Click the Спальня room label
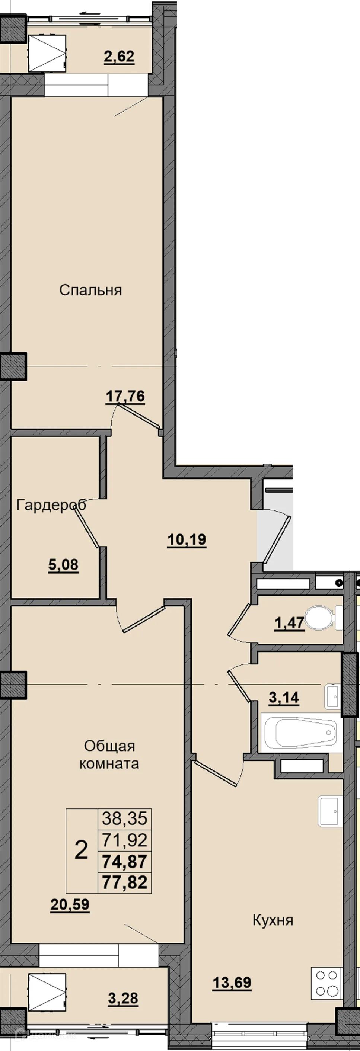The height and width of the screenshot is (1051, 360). [x=90, y=290]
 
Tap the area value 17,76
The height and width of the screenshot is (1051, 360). [x=125, y=396]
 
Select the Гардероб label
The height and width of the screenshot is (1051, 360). [x=51, y=505]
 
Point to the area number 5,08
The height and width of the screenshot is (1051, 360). [x=63, y=565]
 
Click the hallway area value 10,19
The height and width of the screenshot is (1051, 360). [x=187, y=540]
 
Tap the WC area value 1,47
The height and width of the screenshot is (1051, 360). [x=289, y=623]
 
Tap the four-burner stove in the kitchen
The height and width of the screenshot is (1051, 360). [x=327, y=983]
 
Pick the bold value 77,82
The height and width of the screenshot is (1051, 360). [x=124, y=882]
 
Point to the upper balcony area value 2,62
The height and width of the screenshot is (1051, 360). [x=119, y=57]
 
